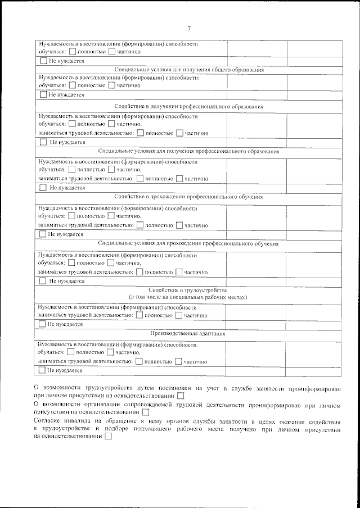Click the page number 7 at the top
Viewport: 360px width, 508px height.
[189, 29]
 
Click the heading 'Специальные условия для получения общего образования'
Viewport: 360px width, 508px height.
[188, 70]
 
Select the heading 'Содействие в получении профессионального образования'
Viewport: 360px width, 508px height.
[188, 106]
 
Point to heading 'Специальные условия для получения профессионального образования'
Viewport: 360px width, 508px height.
[188, 152]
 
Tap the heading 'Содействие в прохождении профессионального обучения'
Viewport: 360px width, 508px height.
[188, 197]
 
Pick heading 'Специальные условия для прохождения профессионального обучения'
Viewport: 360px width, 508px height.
[188, 243]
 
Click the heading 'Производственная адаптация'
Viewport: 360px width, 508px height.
[188, 333]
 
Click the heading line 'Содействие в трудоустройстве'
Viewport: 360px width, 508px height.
[188, 289]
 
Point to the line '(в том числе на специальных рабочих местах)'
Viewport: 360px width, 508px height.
[188, 297]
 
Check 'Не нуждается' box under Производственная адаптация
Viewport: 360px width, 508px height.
[42, 370]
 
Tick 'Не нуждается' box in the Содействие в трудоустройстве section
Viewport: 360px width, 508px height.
[42, 325]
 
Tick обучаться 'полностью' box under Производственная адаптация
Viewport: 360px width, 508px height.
[70, 352]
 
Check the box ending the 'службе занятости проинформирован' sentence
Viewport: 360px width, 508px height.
[181, 396]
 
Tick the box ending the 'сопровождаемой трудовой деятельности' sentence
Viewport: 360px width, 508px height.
[146, 411]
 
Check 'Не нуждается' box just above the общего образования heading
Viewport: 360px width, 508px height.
[43, 61]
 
